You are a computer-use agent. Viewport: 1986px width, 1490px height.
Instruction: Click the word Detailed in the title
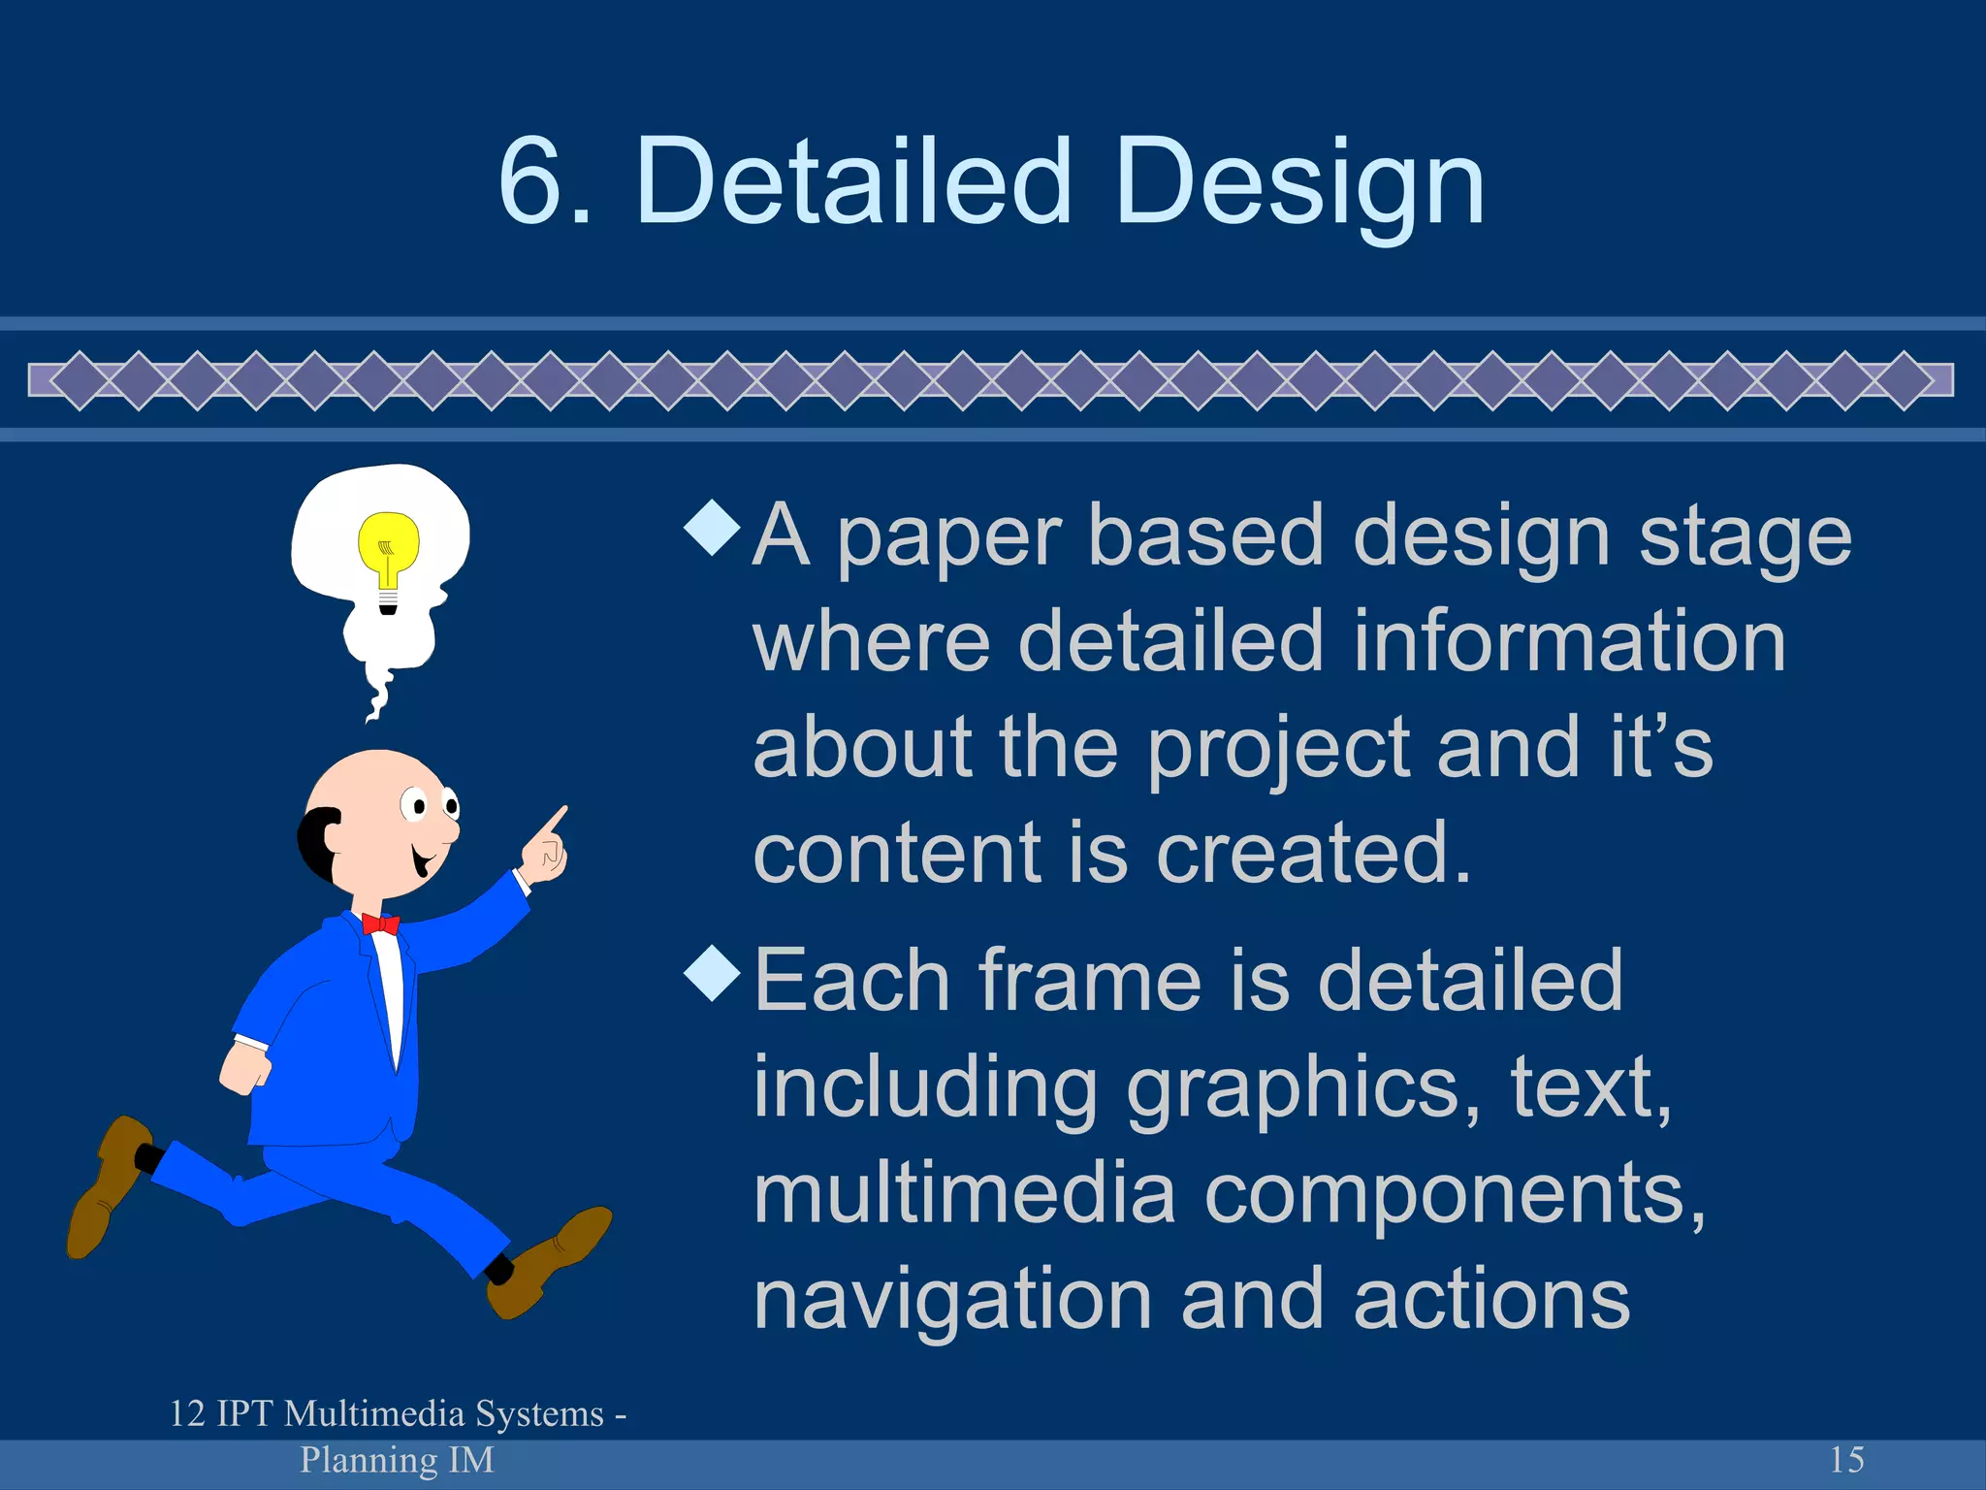point(853,181)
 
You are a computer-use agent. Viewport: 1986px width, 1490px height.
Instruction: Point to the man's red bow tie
point(380,923)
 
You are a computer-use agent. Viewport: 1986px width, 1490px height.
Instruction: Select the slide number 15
point(1846,1459)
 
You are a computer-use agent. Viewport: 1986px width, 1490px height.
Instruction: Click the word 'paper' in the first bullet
point(948,538)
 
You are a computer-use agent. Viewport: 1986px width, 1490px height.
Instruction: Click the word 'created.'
point(1314,853)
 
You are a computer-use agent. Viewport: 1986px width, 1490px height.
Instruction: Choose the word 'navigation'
point(952,1302)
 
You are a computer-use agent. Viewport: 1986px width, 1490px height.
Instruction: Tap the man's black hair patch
point(316,842)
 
